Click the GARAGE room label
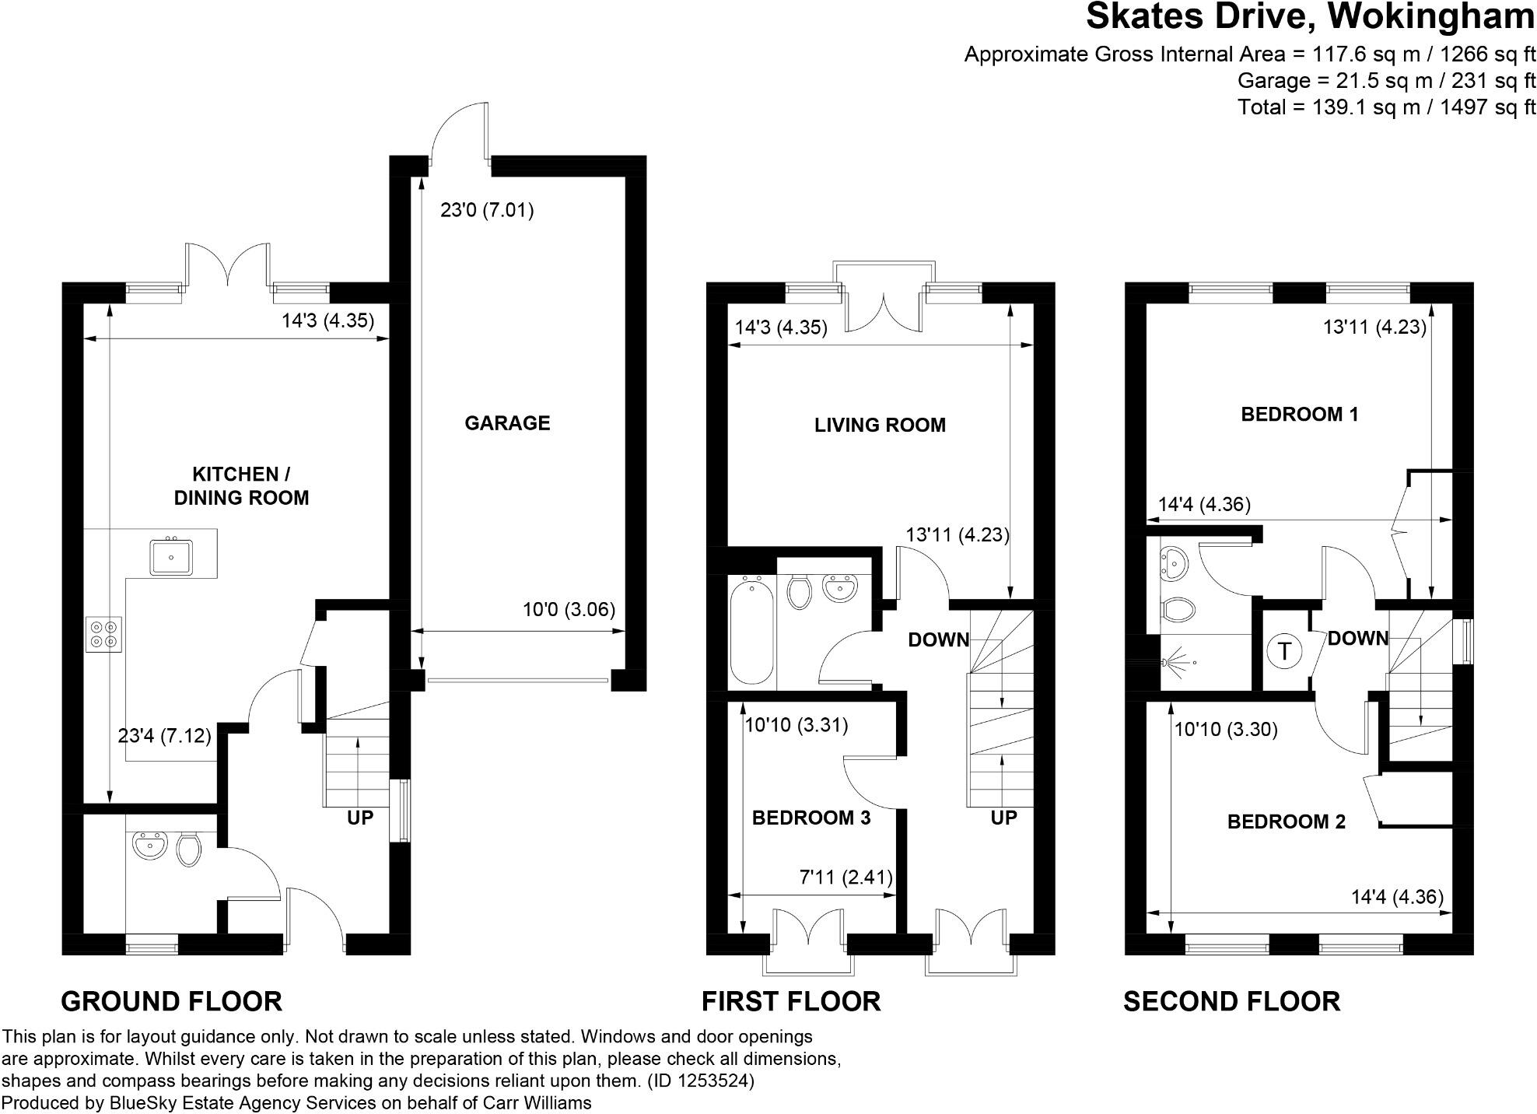tap(507, 423)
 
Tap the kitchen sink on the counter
tap(171, 555)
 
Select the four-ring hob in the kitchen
tap(104, 634)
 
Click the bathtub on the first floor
tap(752, 630)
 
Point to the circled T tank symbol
tap(1284, 650)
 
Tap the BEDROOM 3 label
tap(811, 818)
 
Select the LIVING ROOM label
tap(880, 426)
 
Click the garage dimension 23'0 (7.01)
tap(487, 210)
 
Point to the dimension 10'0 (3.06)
tap(569, 610)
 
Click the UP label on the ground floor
tap(360, 818)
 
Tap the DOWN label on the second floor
tap(1357, 639)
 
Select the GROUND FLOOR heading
tap(171, 1001)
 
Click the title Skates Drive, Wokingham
tap(1310, 17)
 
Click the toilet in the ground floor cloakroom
tap(188, 850)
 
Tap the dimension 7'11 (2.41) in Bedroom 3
tap(846, 878)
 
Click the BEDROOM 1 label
tap(1299, 415)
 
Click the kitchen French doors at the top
tap(227, 264)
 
